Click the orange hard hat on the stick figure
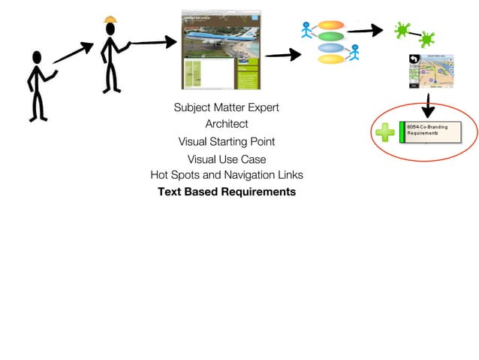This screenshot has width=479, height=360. (110, 19)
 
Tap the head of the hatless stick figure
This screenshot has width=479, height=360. (35, 57)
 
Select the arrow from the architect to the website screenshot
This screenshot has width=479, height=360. (154, 43)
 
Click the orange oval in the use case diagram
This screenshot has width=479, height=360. (330, 25)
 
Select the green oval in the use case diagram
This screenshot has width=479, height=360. (330, 37)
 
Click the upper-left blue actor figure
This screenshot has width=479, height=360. (306, 30)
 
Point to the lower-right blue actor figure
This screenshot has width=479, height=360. (354, 53)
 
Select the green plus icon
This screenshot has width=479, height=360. (384, 133)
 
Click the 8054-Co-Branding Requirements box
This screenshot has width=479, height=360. (431, 132)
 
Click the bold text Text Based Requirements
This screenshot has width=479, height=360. (226, 192)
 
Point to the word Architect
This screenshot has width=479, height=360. (226, 124)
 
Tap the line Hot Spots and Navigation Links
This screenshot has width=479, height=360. (226, 175)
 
